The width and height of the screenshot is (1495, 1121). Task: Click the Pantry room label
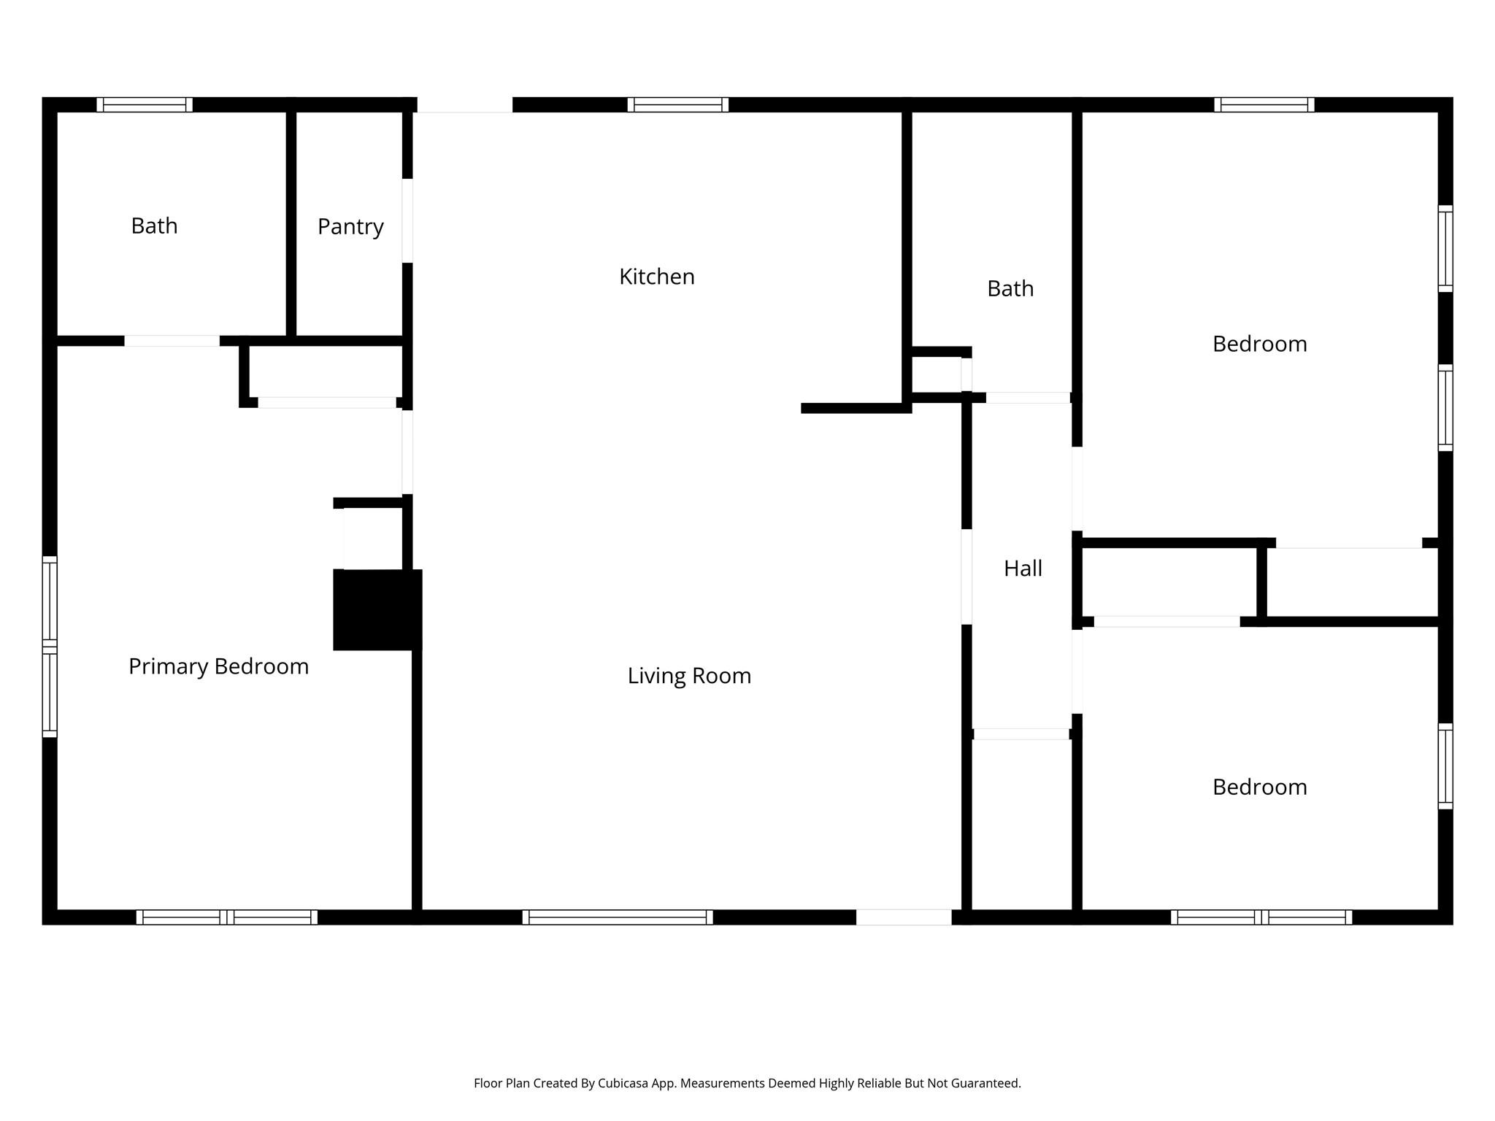(350, 227)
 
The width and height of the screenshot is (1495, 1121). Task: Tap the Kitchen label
(656, 277)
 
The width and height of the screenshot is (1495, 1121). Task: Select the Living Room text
(689, 676)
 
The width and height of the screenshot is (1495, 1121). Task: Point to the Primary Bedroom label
(218, 666)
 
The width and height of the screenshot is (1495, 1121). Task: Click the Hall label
(1022, 569)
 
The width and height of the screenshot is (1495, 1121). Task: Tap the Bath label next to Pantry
(154, 226)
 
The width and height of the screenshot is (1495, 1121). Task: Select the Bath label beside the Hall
(1010, 289)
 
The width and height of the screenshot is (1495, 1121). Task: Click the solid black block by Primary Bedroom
(377, 609)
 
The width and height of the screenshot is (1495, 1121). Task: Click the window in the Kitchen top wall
(677, 105)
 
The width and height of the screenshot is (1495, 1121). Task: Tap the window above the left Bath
(145, 105)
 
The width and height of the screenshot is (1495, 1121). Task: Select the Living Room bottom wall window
(617, 917)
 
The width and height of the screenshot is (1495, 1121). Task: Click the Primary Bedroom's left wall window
(50, 647)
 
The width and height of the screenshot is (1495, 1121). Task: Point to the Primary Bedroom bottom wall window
(226, 917)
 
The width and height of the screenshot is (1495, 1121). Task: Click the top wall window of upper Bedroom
(1264, 105)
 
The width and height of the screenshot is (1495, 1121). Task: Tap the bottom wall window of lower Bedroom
(1261, 917)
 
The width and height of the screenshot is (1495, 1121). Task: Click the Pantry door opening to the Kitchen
(407, 220)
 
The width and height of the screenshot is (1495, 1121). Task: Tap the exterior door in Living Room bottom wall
(903, 917)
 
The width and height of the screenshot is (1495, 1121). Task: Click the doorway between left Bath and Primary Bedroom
(172, 341)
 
